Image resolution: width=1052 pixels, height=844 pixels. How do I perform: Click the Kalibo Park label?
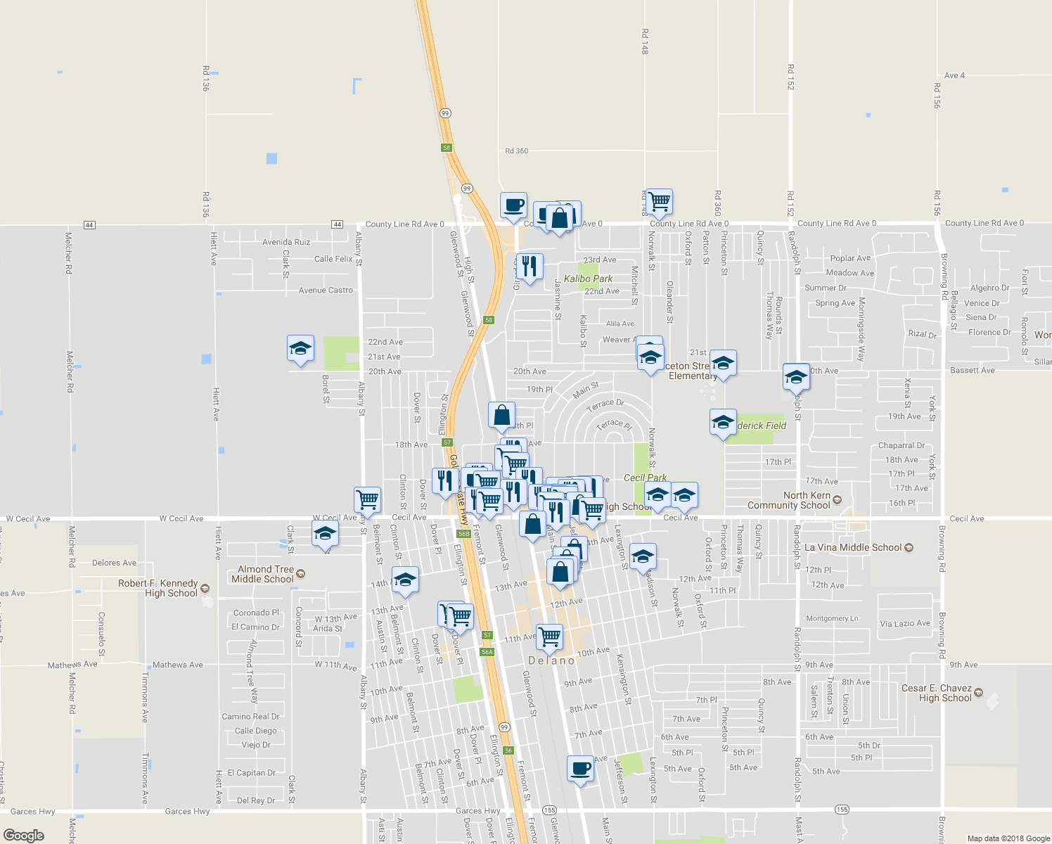tap(588, 279)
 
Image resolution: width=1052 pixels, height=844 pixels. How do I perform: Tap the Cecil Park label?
tap(645, 478)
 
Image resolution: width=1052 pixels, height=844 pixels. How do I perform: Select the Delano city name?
tap(551, 660)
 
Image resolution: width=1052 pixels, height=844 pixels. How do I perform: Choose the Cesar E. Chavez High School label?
tap(937, 693)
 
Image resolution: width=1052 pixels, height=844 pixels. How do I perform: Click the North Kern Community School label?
tap(788, 500)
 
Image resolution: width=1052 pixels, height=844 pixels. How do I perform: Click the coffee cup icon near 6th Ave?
tap(580, 769)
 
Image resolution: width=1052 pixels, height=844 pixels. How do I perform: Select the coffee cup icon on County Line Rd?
tap(513, 205)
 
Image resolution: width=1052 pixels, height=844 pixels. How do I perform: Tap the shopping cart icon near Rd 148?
tap(659, 202)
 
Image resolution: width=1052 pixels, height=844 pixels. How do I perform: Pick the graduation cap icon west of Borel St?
tap(300, 349)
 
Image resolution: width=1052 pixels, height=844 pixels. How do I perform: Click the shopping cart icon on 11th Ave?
tap(549, 637)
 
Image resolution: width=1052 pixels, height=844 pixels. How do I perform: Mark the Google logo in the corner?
tap(23, 836)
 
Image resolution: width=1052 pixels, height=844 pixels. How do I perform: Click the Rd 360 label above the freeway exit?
tap(516, 151)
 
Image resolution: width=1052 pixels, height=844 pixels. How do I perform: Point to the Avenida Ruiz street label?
tap(286, 242)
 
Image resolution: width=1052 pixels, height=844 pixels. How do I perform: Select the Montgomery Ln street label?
tap(832, 619)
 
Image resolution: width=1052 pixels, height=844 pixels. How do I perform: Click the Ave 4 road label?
tap(954, 75)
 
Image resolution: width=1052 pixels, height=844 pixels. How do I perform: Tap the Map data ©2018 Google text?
tap(1008, 838)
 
